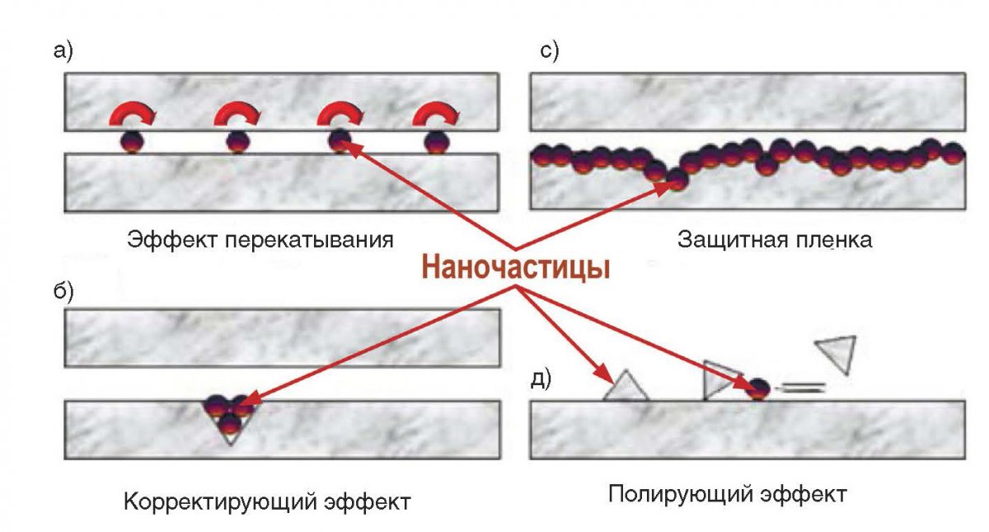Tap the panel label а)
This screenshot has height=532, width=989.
tap(63, 52)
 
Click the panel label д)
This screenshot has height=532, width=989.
tap(541, 379)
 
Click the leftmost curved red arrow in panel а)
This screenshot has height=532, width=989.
tap(130, 115)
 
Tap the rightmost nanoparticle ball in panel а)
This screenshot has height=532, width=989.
tap(437, 143)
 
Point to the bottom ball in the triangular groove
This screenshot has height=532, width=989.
tap(230, 424)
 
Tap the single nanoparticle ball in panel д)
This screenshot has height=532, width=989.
tap(758, 388)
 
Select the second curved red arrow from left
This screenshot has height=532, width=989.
tap(236, 115)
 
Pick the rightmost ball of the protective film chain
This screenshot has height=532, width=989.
tap(952, 153)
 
